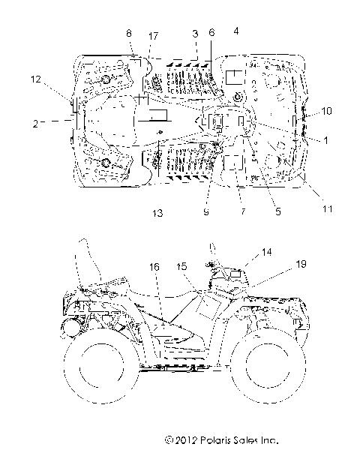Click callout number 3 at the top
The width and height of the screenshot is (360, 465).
point(195,34)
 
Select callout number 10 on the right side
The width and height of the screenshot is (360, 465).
point(327,111)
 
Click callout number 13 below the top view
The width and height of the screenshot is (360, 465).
point(157,214)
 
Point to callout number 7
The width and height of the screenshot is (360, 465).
point(241,212)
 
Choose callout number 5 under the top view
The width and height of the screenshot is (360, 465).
point(277,212)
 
